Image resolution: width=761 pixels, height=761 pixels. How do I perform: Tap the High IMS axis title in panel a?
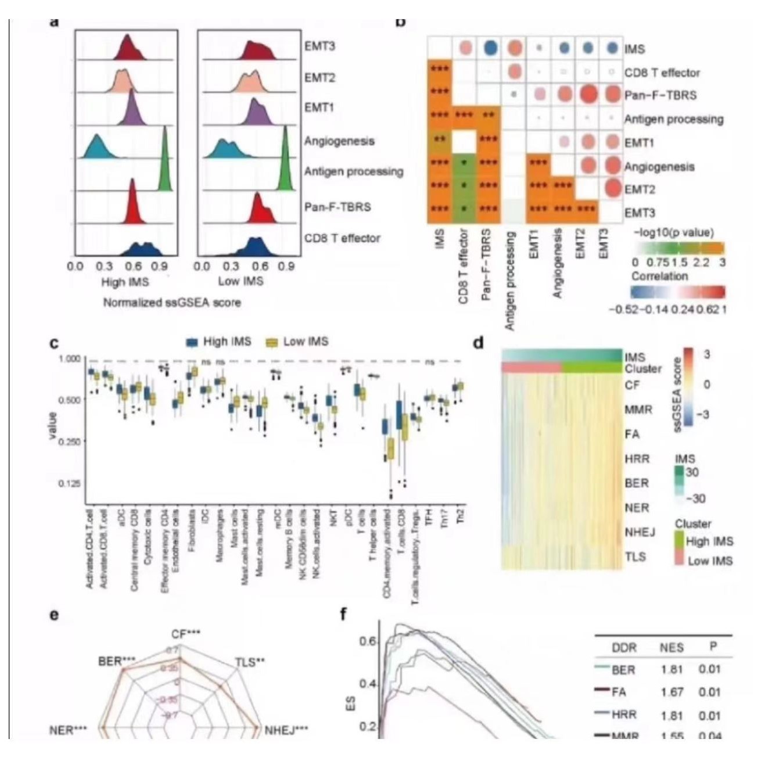[125, 282]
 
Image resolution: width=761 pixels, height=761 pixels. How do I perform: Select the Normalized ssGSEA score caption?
[172, 303]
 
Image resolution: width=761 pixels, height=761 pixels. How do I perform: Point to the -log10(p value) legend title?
[674, 233]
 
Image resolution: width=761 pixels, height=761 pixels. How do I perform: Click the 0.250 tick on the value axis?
[70, 441]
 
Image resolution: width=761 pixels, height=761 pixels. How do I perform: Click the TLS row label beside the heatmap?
[636, 557]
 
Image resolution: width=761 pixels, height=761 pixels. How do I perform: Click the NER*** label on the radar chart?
[69, 730]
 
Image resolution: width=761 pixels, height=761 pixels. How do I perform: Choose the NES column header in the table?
[672, 647]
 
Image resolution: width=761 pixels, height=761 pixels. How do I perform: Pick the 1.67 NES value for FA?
[672, 692]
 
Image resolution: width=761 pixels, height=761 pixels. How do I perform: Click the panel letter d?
[478, 343]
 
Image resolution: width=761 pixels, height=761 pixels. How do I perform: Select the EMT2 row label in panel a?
[319, 77]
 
